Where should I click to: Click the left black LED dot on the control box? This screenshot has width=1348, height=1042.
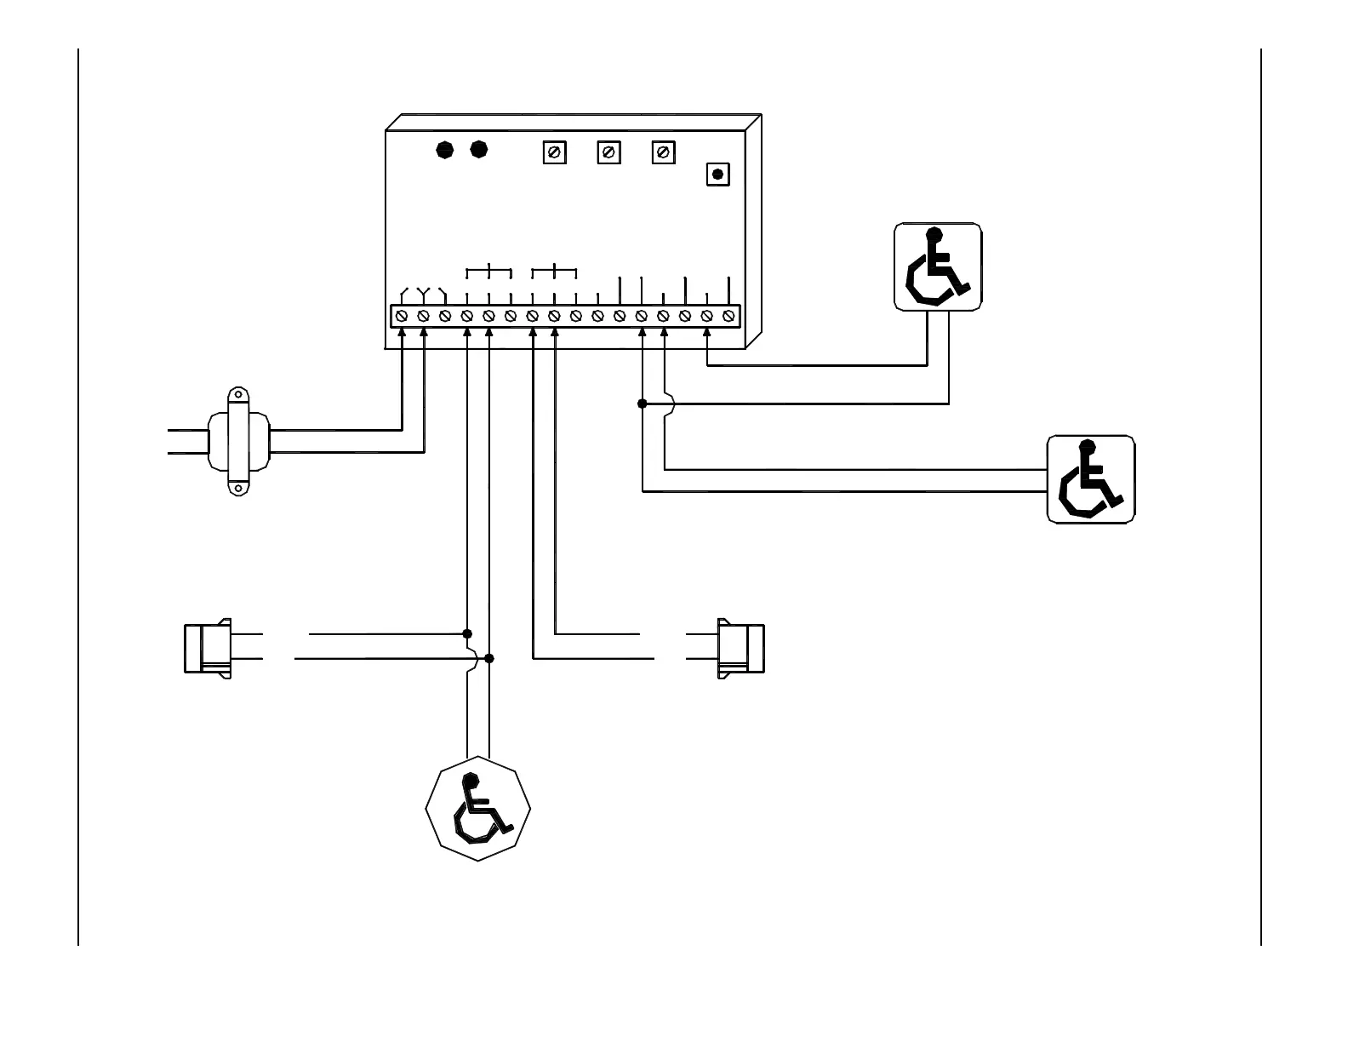point(445,150)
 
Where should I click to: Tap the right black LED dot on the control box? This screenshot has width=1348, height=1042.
point(479,150)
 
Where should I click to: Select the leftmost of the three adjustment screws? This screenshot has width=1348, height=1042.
point(554,152)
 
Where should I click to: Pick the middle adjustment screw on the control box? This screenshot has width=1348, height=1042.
point(608,152)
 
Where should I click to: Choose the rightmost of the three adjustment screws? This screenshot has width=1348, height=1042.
point(663,152)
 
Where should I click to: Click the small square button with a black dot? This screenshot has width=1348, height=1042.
point(717,175)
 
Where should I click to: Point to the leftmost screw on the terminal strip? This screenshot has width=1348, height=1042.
point(402,316)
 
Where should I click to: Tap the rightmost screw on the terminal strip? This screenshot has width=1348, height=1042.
point(728,316)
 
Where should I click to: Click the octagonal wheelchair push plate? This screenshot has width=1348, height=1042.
point(477,808)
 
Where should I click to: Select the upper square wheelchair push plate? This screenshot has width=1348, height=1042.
point(938,267)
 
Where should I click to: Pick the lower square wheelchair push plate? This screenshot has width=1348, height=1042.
point(1090,479)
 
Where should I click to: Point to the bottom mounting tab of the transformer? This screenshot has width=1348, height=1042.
point(239,489)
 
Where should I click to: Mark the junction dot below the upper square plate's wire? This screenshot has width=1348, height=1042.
point(643,404)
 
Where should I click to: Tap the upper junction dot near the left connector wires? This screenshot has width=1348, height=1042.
point(467,633)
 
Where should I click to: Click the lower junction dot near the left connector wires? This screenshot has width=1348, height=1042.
point(488,658)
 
